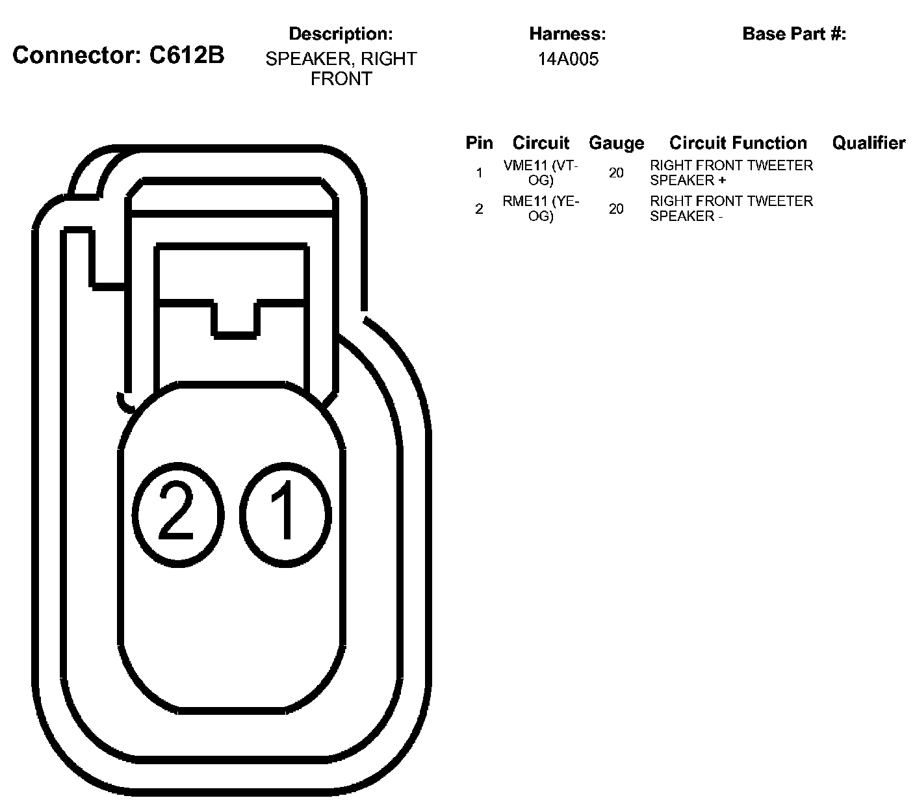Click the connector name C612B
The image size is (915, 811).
tap(187, 55)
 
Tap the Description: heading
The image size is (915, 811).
tap(341, 34)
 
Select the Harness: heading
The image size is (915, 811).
tap(567, 34)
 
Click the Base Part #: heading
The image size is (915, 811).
tap(794, 34)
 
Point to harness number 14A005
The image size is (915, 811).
tap(568, 60)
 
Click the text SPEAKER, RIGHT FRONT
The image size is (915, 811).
tap(341, 69)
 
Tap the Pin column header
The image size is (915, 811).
tap(479, 143)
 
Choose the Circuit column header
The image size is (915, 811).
tap(541, 143)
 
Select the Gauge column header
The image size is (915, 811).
tap(616, 143)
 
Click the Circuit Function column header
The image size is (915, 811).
tap(738, 143)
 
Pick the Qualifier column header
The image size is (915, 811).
tap(868, 143)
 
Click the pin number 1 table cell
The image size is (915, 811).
tap(479, 173)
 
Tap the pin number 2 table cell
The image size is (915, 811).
tap(479, 209)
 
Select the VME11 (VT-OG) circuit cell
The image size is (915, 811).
tap(541, 173)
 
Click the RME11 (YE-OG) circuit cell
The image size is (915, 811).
tap(541, 209)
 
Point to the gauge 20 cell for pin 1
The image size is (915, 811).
tap(616, 173)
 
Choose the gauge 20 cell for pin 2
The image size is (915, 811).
tap(616, 209)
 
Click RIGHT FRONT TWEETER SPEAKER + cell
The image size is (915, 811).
tap(731, 173)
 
